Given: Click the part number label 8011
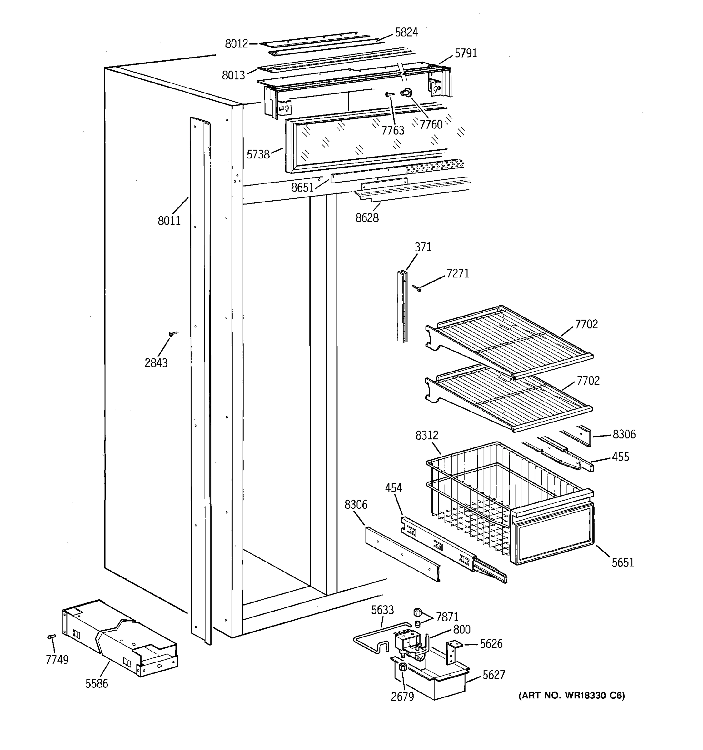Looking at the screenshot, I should coord(169,221).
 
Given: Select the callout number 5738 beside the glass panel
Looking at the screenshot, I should coord(258,154).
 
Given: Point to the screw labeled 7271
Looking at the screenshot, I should coord(417,288).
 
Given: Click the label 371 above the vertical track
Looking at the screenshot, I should coord(423,247).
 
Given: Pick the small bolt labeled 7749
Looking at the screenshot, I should coord(52,637).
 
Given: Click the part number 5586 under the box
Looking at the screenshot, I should coord(97,684).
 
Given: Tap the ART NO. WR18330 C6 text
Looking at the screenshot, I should coord(571,695).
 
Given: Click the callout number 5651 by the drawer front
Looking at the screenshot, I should coord(623,562).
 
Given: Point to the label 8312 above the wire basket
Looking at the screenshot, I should coord(426,436).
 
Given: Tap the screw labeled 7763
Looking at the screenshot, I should coord(389,95).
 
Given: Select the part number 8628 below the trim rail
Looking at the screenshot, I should coord(367,218).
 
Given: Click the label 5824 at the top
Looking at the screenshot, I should coord(406,33).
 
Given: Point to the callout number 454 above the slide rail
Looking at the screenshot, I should coord(393,488).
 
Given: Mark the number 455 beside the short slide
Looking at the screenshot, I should coord(621,457).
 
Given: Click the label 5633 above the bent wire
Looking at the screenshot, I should coord(382,610).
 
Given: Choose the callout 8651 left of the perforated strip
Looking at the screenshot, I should coord(302,187).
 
